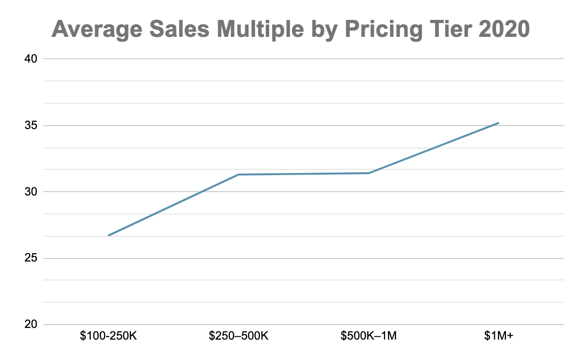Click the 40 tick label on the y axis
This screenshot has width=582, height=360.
pyautogui.click(x=30, y=59)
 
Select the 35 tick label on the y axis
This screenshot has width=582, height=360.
pyautogui.click(x=30, y=125)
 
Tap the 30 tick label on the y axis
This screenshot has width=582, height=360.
pyautogui.click(x=30, y=192)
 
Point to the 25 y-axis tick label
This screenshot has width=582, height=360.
pyautogui.click(x=30, y=258)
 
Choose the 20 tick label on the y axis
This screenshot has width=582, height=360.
pyautogui.click(x=30, y=325)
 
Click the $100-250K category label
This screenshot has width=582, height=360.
pyautogui.click(x=109, y=336)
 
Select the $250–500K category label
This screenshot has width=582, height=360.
pyautogui.click(x=239, y=336)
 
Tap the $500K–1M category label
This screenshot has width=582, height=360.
pyautogui.click(x=369, y=336)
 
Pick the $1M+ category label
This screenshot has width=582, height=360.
pyautogui.click(x=499, y=336)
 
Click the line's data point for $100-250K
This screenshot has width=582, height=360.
pyautogui.click(x=109, y=235)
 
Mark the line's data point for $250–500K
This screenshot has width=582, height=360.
pyautogui.click(x=239, y=174)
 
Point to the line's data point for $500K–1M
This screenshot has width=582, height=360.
pyautogui.click(x=369, y=173)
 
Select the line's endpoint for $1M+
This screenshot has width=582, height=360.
pyautogui.click(x=499, y=123)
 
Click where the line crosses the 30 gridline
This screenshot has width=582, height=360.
pyautogui.click(x=202, y=192)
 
